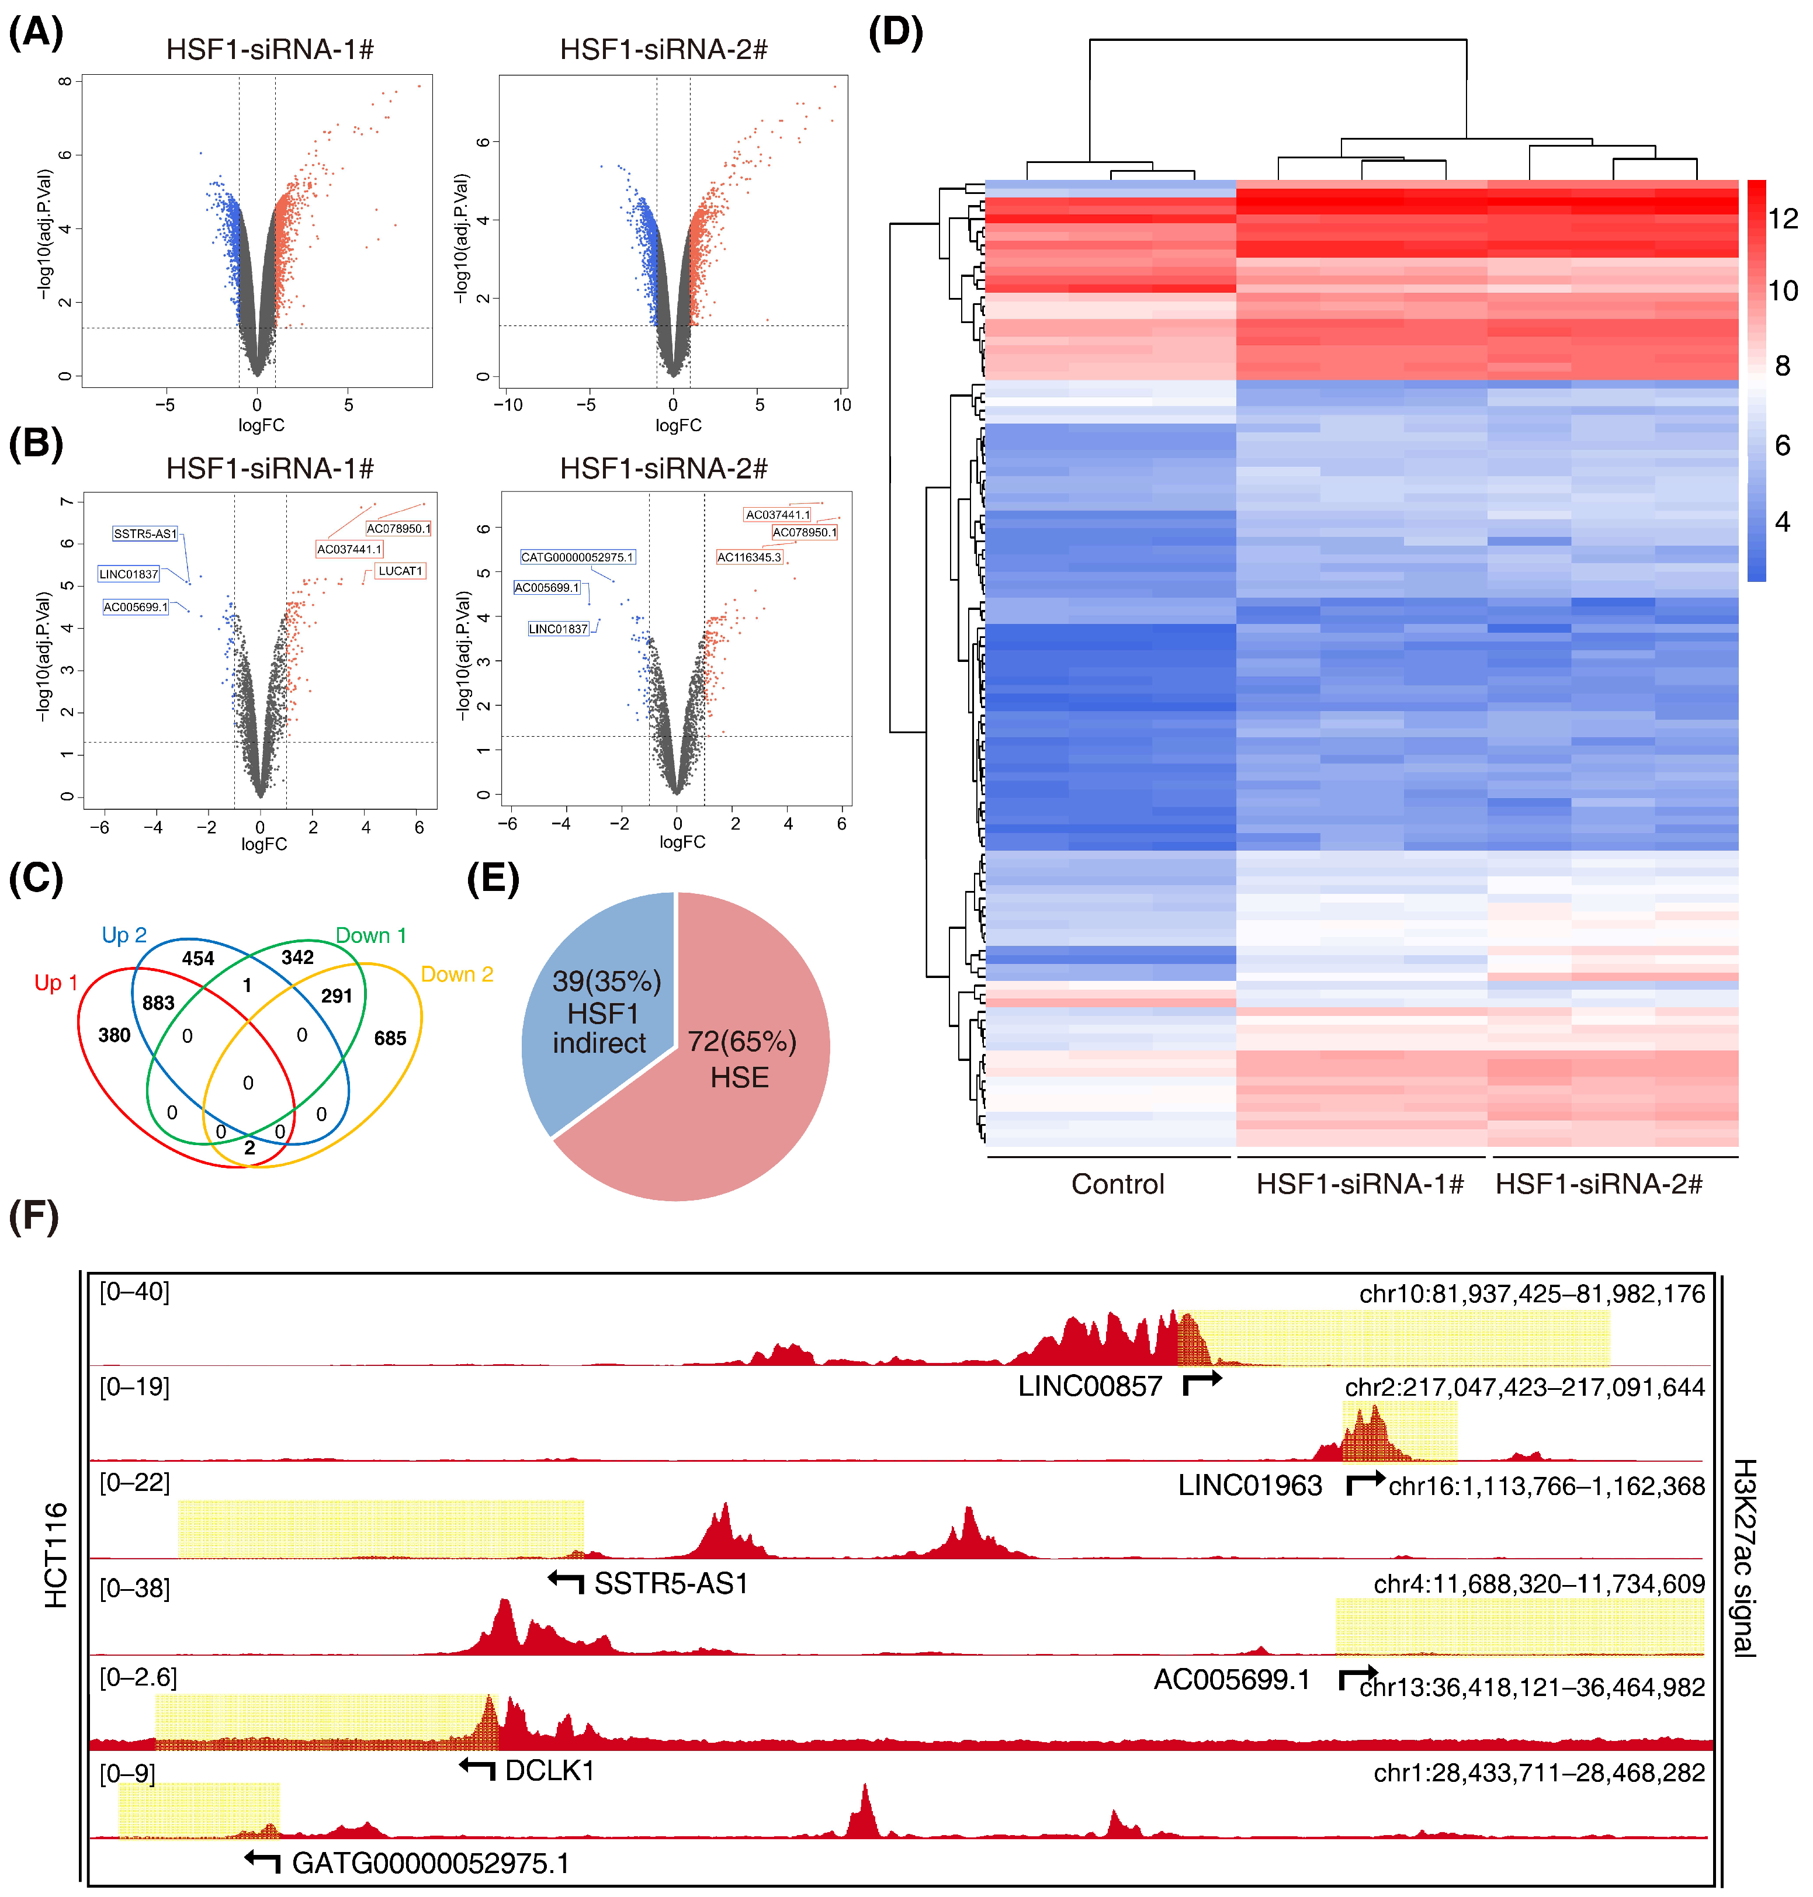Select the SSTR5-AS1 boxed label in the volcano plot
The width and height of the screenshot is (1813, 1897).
145,533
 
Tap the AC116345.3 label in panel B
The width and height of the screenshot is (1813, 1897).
749,557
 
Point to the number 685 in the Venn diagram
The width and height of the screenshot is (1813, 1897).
390,1038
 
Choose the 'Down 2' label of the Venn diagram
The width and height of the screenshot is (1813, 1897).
457,974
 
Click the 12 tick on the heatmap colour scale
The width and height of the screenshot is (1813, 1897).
1783,219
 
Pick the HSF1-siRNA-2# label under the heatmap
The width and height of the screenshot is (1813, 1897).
1599,1184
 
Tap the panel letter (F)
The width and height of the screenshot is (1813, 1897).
34,1216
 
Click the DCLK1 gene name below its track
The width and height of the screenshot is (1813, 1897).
549,1770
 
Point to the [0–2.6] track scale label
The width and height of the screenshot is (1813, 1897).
138,1677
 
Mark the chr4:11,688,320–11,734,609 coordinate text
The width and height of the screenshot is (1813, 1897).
1538,1584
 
